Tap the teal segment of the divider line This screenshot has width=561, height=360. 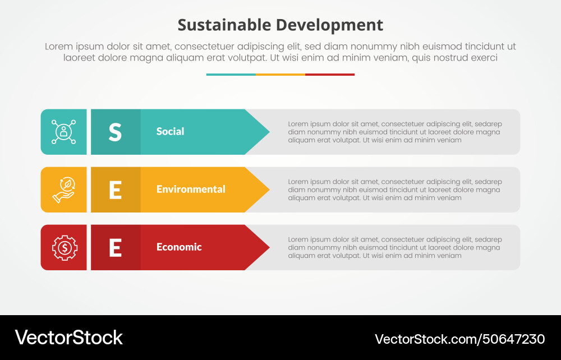click(231, 74)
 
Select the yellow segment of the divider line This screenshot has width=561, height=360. click(280, 74)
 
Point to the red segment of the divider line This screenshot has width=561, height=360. click(330, 74)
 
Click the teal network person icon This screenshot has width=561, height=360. click(63, 132)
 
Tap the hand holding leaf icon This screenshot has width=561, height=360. click(63, 190)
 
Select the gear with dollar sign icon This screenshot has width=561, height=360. click(63, 247)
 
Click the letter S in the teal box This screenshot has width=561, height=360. click(115, 132)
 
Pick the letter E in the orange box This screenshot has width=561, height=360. click(115, 190)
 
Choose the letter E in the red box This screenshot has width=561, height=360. click(115, 247)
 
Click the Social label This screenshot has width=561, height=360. click(170, 132)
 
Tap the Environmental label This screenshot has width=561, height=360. click(191, 190)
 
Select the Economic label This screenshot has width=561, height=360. click(179, 247)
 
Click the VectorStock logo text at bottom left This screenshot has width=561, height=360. click(68, 338)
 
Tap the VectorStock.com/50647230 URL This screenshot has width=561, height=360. click(459, 339)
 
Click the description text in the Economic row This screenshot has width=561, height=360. click(394, 247)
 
